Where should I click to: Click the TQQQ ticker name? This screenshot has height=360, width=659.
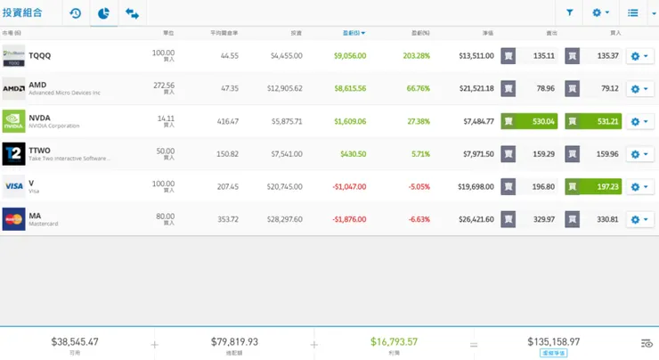click(40, 55)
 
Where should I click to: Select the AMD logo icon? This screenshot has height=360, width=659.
click(13, 89)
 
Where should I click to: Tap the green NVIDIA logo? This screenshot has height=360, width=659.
click(13, 121)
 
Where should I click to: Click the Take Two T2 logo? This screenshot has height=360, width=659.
click(13, 154)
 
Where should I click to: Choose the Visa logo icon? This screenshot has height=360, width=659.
click(13, 186)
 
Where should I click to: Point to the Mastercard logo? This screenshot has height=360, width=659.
click(13, 219)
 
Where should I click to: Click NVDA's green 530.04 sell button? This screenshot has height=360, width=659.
click(529, 121)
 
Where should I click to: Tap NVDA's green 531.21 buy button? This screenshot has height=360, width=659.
click(593, 121)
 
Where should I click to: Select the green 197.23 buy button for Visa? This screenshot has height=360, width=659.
click(593, 187)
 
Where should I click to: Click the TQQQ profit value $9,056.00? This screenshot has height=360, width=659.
click(349, 55)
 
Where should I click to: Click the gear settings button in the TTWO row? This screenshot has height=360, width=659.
click(639, 154)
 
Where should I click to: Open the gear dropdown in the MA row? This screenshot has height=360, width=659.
click(639, 219)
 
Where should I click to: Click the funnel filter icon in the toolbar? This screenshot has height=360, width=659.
click(570, 12)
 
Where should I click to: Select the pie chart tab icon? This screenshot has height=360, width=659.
click(103, 13)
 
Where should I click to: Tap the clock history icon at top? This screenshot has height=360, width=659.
click(75, 13)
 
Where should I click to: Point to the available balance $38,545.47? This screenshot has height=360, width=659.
click(75, 341)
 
